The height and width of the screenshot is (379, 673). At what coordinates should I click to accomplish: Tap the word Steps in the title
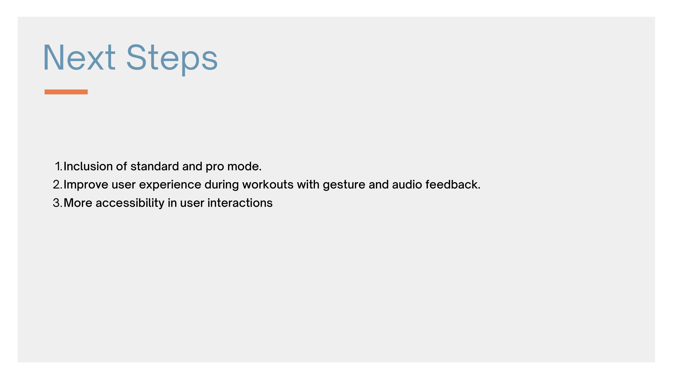[x=172, y=60]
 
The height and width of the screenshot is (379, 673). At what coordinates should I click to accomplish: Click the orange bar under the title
[x=66, y=92]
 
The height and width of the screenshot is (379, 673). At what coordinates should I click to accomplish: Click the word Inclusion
[x=88, y=166]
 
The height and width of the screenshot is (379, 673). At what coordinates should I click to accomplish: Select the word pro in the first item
[x=215, y=168]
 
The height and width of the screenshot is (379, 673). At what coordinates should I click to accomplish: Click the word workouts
[x=268, y=185]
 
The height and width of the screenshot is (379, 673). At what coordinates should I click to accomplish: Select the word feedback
[x=453, y=185]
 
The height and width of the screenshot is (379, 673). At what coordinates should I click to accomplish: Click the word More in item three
[x=78, y=203]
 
